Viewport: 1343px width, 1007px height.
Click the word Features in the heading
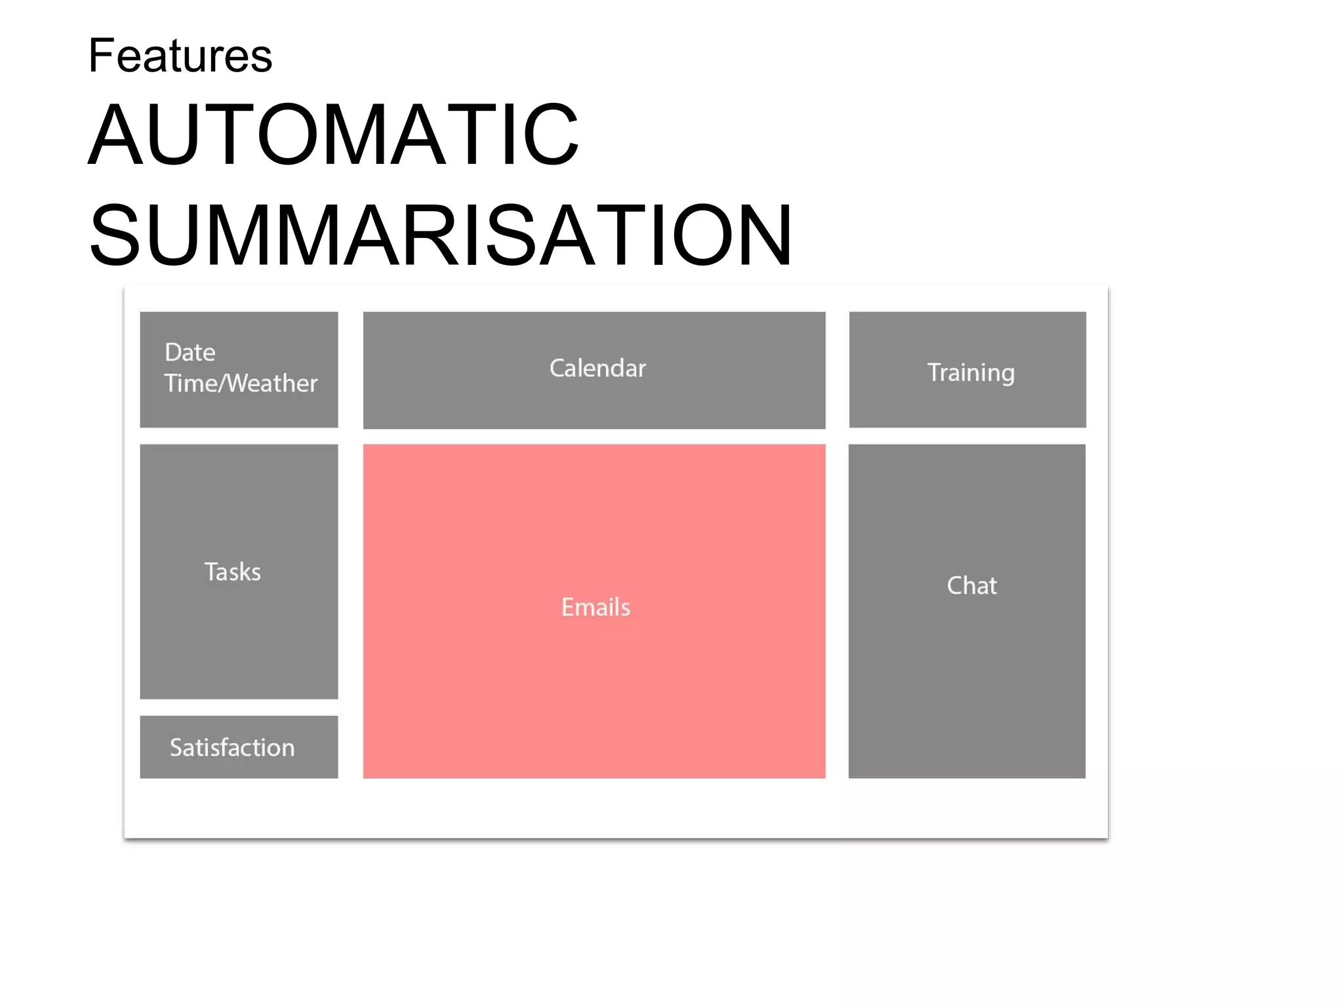[180, 56]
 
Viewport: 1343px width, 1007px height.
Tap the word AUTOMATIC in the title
[333, 135]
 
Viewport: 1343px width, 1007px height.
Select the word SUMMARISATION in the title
[441, 235]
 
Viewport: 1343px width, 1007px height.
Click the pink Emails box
[593, 688]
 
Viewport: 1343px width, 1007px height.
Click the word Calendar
[597, 368]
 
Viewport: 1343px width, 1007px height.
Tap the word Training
[971, 373]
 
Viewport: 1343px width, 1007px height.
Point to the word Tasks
[233, 572]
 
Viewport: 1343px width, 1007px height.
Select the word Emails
[595, 608]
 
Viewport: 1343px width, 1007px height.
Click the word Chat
[971, 585]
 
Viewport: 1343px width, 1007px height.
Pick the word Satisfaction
[232, 748]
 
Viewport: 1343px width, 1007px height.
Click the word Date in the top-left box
[190, 353]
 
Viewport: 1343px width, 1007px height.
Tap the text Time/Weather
[241, 384]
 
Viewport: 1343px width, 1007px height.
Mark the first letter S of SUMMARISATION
[115, 235]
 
